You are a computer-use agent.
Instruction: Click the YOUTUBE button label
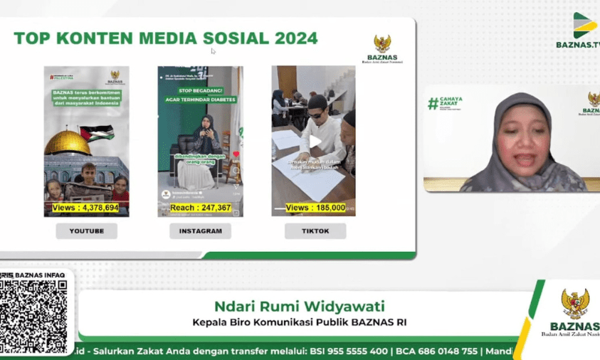(86, 231)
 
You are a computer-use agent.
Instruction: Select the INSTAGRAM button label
(200, 231)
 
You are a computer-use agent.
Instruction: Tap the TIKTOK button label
(315, 231)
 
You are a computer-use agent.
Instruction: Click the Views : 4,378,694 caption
(85, 208)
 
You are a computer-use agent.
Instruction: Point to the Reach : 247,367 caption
(200, 208)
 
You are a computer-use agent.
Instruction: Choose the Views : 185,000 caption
(315, 208)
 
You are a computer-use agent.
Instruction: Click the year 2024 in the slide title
(293, 38)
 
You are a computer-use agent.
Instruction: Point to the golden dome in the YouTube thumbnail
(67, 142)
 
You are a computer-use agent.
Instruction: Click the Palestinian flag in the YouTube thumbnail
(95, 133)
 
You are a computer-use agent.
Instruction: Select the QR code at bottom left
(33, 316)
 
